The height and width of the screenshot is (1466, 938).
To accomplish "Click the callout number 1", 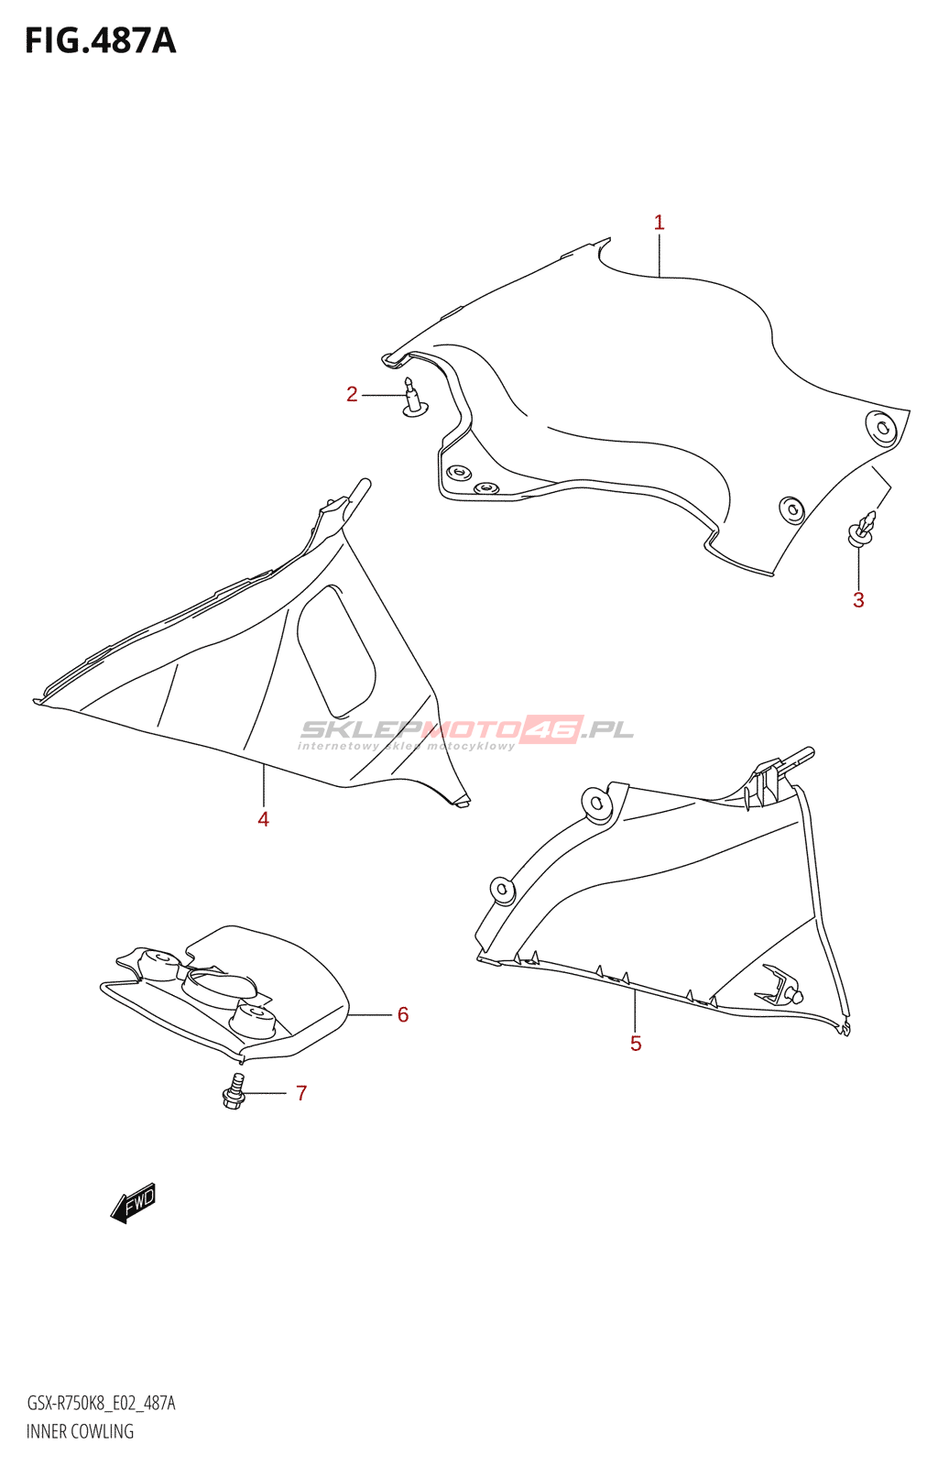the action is [659, 223].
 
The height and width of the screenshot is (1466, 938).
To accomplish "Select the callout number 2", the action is [352, 395].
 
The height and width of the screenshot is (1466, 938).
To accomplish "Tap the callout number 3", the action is [858, 599].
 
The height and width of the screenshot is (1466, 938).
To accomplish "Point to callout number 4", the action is [263, 819].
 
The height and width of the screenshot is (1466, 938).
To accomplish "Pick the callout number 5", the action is [636, 1044].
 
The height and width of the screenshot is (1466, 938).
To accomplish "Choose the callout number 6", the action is [403, 1014].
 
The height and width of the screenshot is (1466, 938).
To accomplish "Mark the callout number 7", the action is [300, 1093].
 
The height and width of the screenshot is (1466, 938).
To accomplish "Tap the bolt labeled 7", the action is [234, 1091].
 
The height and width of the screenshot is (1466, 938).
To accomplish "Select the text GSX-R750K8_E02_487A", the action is [101, 1398].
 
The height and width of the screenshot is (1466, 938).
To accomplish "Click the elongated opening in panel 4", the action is [336, 651].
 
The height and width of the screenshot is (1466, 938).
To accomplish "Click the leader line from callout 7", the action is [266, 1093].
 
